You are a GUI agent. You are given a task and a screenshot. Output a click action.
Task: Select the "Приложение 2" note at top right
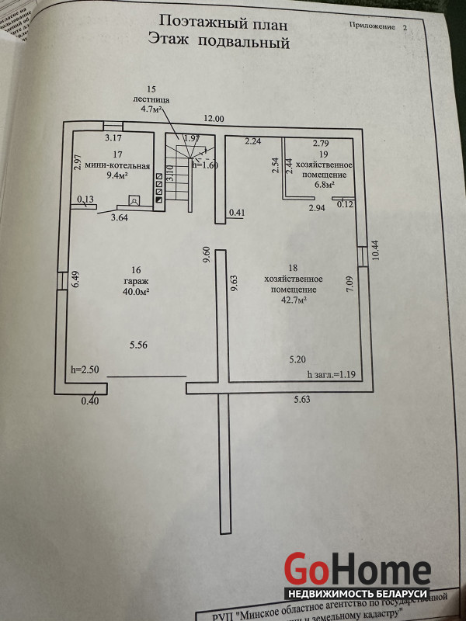(377, 27)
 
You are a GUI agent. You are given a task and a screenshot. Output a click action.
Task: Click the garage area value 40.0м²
(135, 292)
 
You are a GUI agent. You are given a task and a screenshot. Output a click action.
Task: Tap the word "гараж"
(135, 281)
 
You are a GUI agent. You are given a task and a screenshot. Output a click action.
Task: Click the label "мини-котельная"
(118, 164)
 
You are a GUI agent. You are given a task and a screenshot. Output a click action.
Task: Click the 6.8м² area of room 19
(324, 186)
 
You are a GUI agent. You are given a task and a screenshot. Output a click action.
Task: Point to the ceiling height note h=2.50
(85, 369)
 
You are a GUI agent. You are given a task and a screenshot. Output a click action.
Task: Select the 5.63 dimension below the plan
(302, 400)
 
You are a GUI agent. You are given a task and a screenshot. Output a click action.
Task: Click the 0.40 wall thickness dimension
(91, 401)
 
